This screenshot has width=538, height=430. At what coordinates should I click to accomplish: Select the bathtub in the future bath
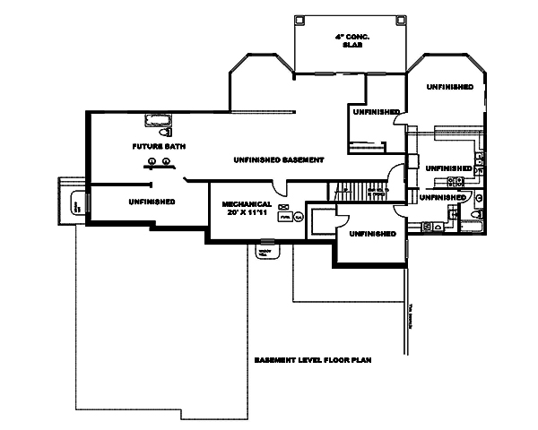pyautogui.click(x=157, y=120)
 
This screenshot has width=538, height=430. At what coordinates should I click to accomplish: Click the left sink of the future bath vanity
pyautogui.click(x=152, y=161)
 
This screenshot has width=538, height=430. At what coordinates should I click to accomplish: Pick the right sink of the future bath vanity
pyautogui.click(x=167, y=161)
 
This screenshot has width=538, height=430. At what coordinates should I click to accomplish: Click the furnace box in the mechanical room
pyautogui.click(x=284, y=216)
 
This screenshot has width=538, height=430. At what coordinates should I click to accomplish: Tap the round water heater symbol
pyautogui.click(x=299, y=216)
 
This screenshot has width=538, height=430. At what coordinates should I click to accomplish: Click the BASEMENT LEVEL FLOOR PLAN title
pyautogui.click(x=313, y=359)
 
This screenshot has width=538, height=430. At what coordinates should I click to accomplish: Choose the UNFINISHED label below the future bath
pyautogui.click(x=151, y=202)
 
